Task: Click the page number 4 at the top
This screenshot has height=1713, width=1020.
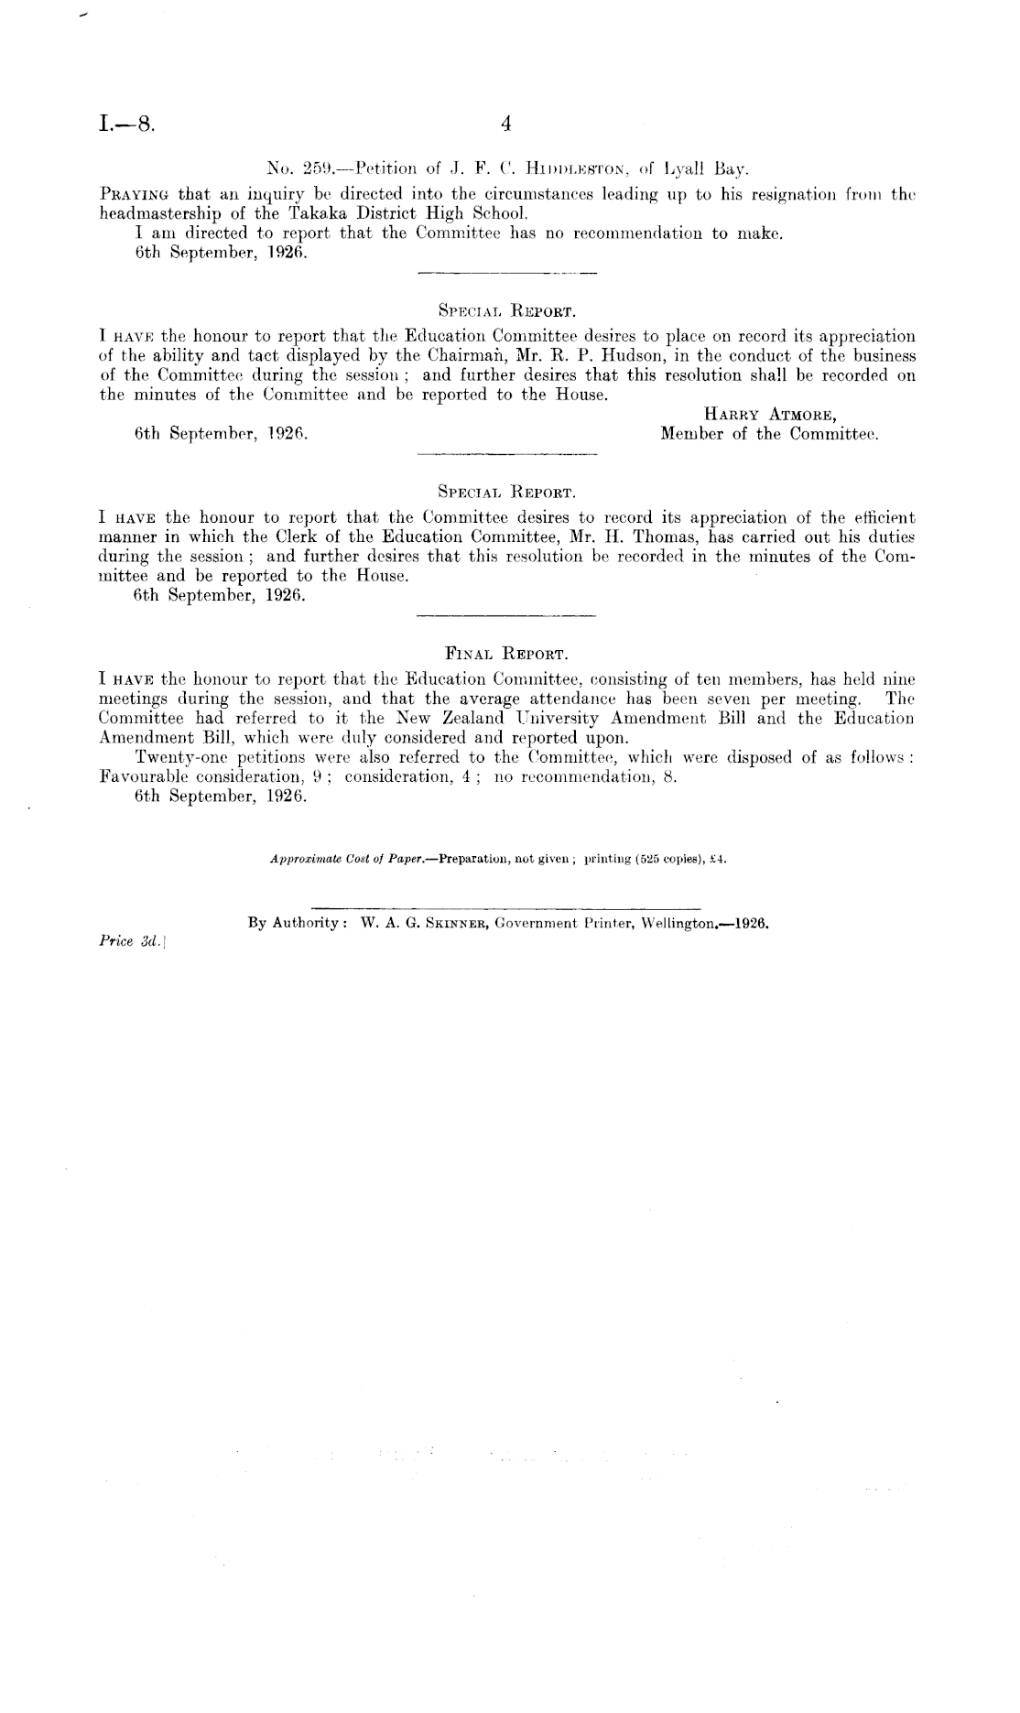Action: coord(505,125)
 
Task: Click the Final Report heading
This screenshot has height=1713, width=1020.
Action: coord(506,655)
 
